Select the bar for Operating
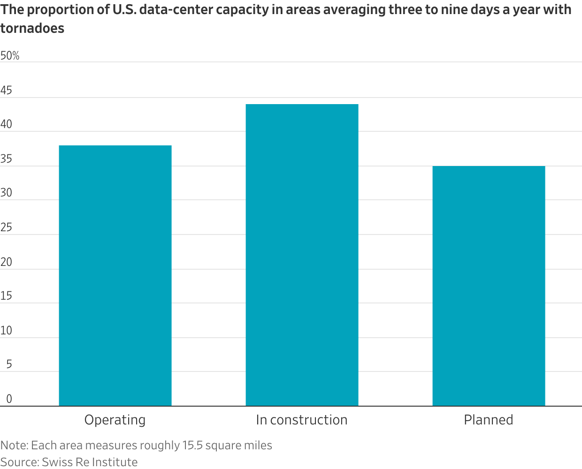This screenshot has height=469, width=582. tap(115, 275)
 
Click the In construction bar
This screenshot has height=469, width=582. tap(302, 255)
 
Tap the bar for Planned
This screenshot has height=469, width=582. tap(489, 286)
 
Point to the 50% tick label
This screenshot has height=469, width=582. tap(10, 56)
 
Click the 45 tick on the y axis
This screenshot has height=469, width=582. tap(6, 91)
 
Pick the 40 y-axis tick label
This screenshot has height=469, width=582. tap(6, 124)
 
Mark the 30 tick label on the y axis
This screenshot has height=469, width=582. tap(6, 193)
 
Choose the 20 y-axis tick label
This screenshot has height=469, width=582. tap(6, 262)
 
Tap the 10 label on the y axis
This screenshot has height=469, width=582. tap(6, 330)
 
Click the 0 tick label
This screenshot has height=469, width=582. tap(9, 399)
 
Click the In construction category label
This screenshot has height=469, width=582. tap(302, 420)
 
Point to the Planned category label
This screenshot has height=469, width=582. tap(489, 420)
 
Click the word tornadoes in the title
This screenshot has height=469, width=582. tap(32, 28)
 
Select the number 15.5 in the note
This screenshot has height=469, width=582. tap(192, 445)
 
